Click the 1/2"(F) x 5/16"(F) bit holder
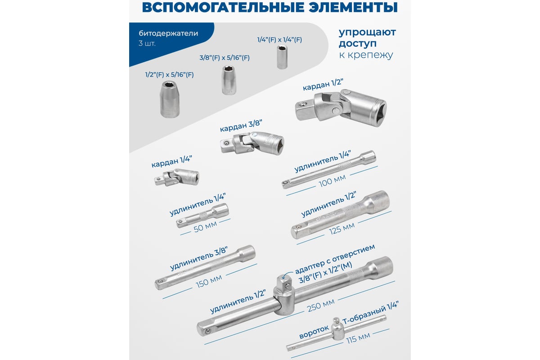tap(170, 99)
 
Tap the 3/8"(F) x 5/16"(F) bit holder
tap(229, 80)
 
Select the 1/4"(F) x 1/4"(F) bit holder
tap(282, 58)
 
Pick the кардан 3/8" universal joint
tap(252, 144)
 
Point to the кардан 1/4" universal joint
tap(177, 177)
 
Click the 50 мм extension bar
tap(202, 215)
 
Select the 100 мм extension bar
tap(329, 170)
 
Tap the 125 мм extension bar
tap(340, 215)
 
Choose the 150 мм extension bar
tap(205, 267)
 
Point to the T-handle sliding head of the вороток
tap(337, 329)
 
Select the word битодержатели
tap(168, 33)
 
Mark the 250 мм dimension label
tap(321, 306)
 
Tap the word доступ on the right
tap(357, 43)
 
